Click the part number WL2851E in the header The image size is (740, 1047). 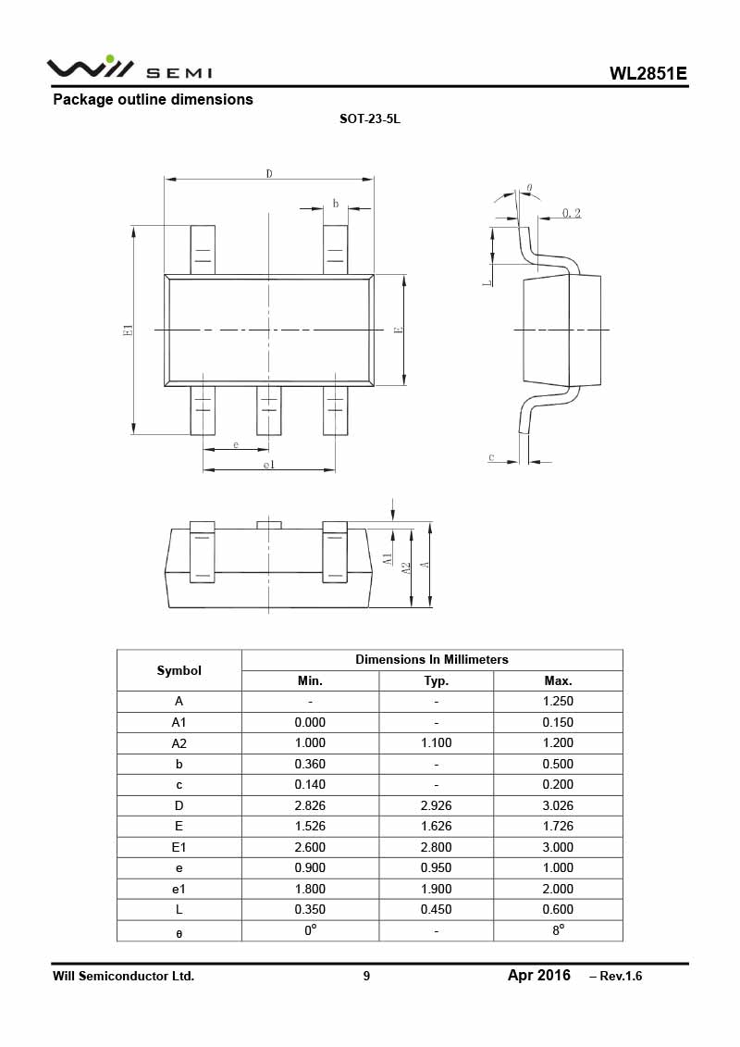point(647,74)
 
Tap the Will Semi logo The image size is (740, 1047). point(129,69)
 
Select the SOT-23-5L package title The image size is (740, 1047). point(370,119)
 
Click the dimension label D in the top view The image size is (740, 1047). point(269,173)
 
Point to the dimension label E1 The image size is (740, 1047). point(129,330)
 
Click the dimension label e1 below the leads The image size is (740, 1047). point(268,465)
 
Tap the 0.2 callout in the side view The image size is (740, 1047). point(572,213)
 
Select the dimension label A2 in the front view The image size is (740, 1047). point(406,567)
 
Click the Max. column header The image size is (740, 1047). point(558,680)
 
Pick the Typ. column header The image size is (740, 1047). point(436,680)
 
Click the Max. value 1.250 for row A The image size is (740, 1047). point(558,702)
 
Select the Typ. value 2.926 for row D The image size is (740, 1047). point(436,805)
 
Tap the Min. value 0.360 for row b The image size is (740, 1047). point(310,764)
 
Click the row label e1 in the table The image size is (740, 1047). point(179,889)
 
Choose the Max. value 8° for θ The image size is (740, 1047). point(558,930)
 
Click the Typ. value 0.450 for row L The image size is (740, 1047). point(436,909)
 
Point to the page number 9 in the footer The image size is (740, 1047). point(366,976)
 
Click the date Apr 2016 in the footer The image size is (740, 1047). point(538,975)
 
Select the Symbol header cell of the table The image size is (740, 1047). point(179,670)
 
